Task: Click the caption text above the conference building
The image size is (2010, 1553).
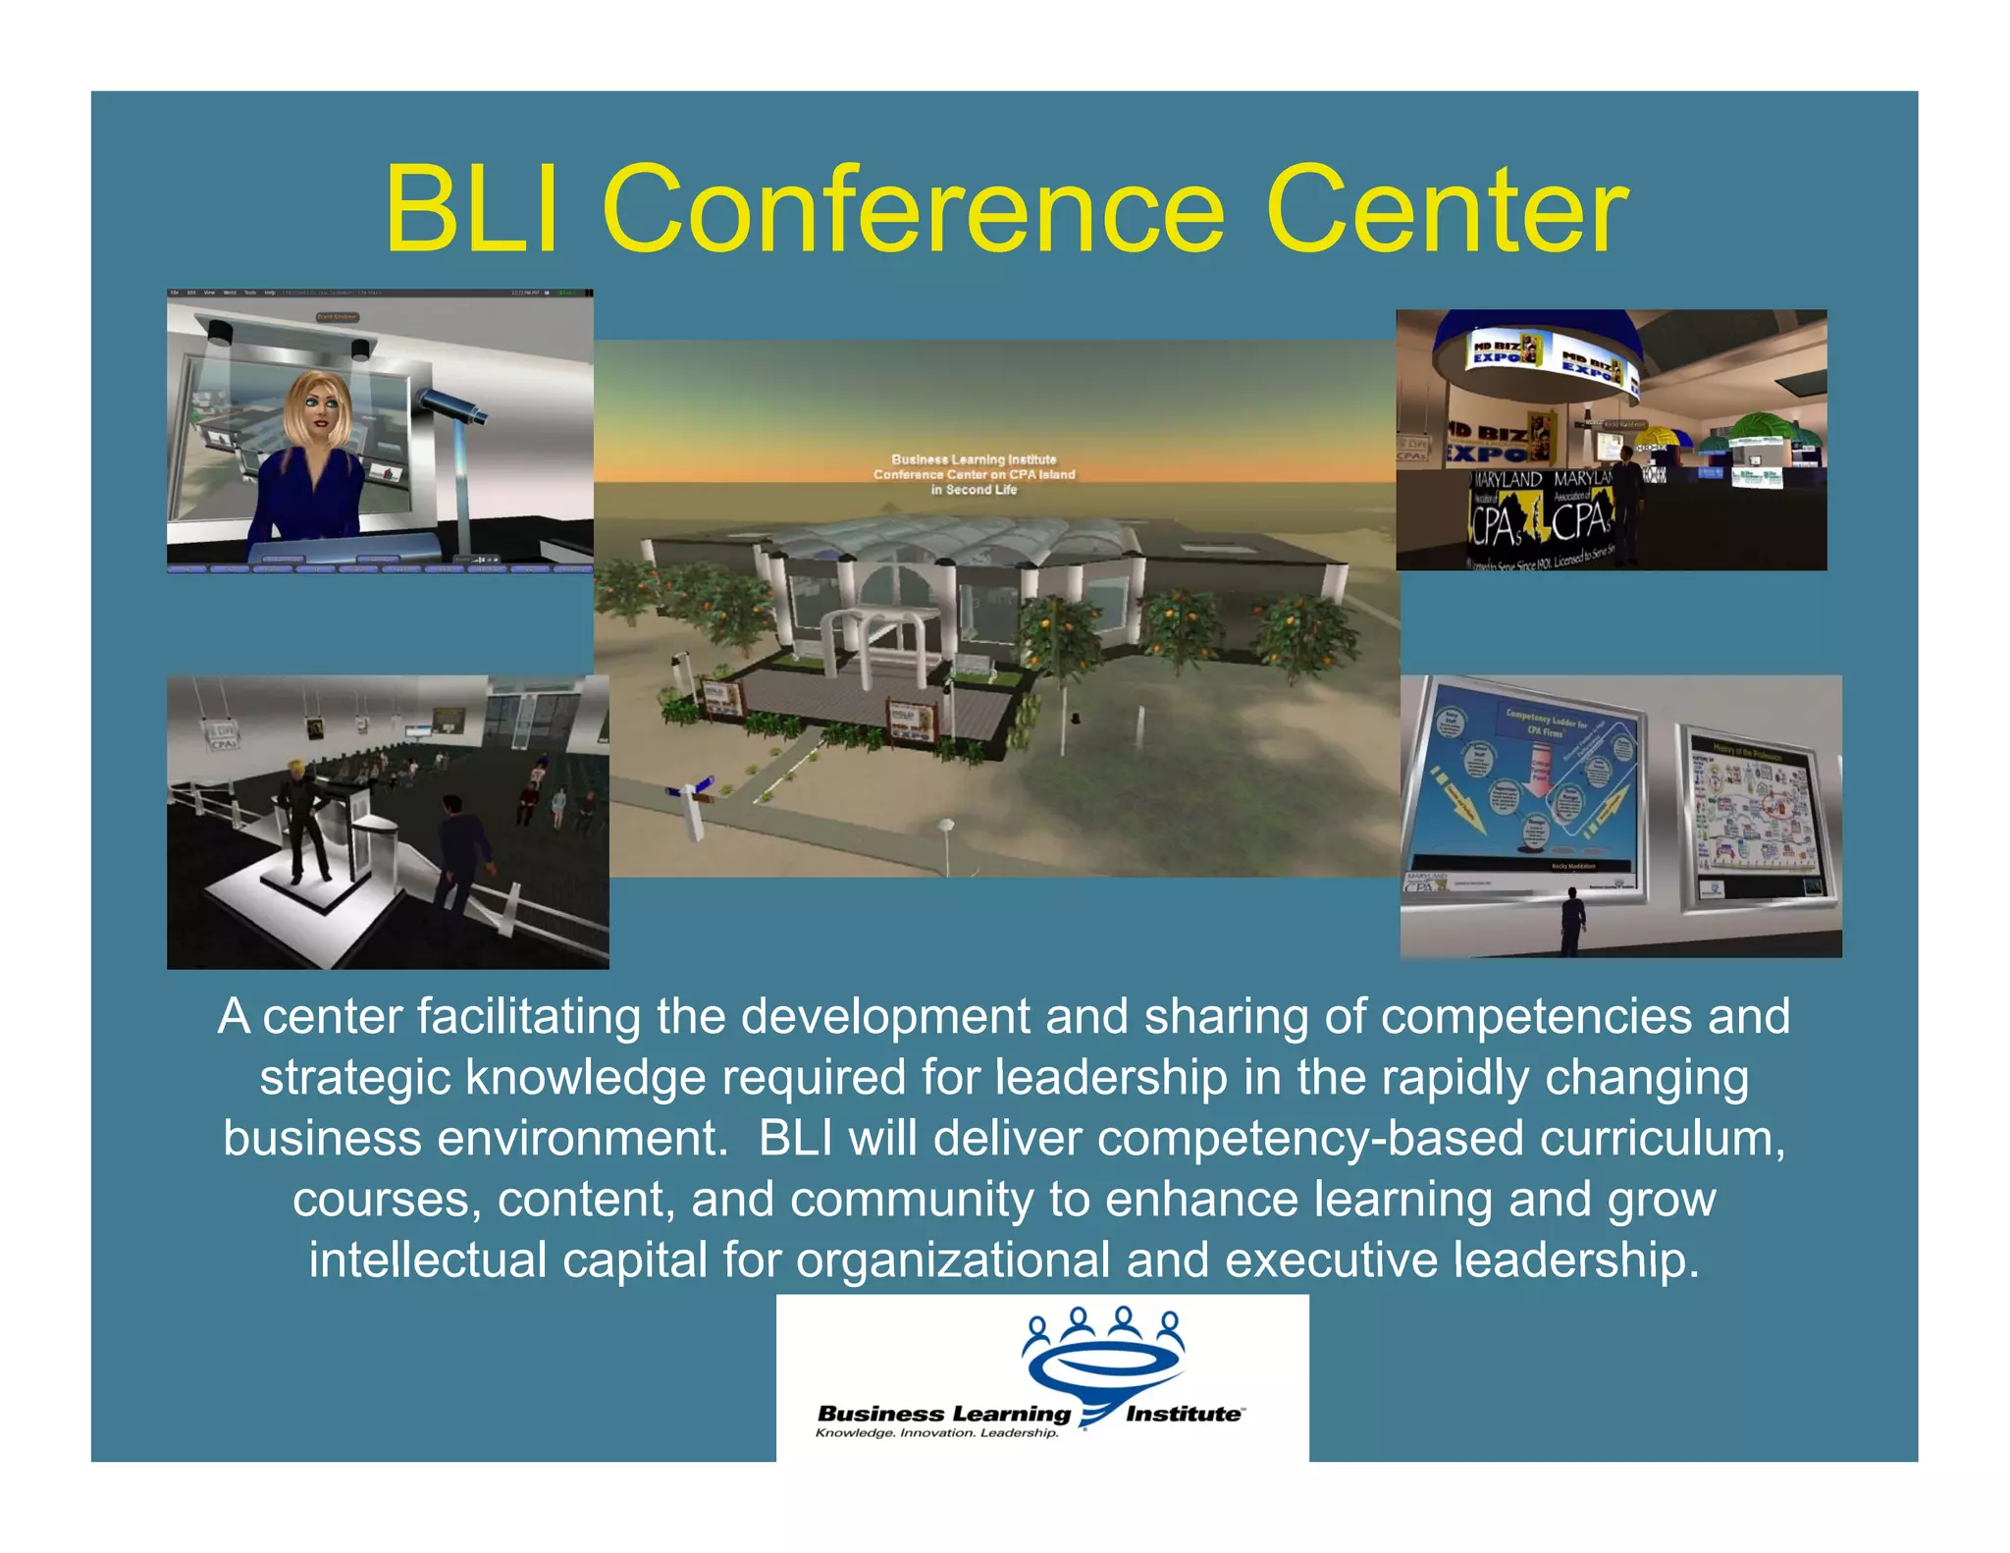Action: click(974, 474)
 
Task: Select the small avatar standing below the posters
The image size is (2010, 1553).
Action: click(1572, 921)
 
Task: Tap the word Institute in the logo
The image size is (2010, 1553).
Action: click(1183, 1414)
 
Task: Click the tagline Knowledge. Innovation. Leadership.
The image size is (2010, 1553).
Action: click(937, 1433)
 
